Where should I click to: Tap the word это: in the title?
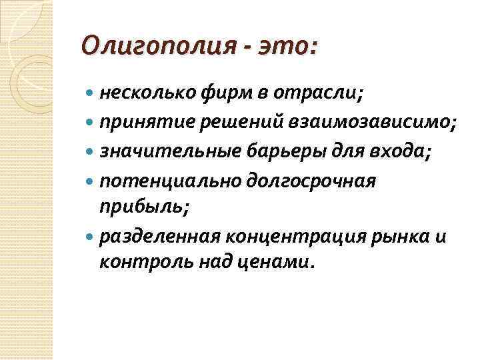click(285, 47)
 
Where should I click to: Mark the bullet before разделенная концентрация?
click(91, 237)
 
